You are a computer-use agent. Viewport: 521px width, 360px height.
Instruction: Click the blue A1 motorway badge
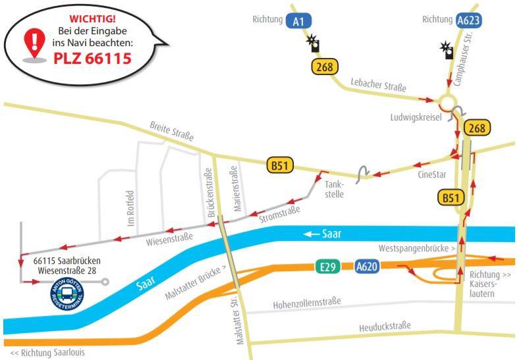298,20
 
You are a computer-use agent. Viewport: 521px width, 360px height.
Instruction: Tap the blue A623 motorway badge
469,20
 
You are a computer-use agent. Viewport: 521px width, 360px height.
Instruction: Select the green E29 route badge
324,267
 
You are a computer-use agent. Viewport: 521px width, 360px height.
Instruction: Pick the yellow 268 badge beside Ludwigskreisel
476,128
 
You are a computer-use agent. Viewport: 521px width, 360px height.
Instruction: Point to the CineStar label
432,175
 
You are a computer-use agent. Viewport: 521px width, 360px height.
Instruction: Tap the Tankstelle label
334,190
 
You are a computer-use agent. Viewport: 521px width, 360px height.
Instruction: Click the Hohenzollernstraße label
307,303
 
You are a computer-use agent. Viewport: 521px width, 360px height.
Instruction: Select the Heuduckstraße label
385,326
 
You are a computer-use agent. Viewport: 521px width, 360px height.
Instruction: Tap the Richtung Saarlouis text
47,353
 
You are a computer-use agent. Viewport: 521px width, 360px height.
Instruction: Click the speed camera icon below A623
448,51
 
